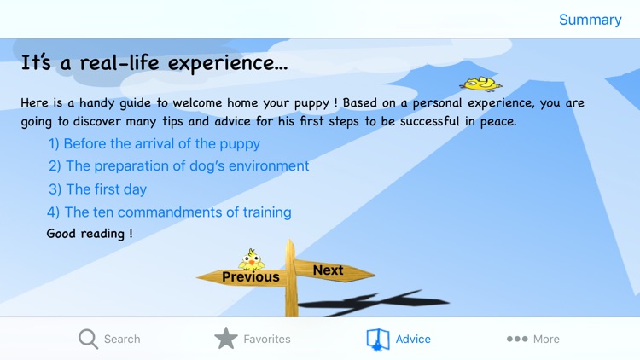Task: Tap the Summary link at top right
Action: [590, 20]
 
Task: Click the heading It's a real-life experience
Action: [154, 63]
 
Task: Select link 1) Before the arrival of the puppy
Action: [154, 143]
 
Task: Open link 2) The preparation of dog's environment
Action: [178, 165]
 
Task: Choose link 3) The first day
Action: [97, 189]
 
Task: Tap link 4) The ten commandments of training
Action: [169, 212]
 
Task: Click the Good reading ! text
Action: [90, 233]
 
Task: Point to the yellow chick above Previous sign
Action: [251, 258]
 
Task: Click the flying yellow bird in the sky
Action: [480, 84]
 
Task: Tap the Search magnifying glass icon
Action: [88, 339]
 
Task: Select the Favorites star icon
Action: [226, 339]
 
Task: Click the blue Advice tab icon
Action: [377, 339]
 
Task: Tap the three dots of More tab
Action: [517, 339]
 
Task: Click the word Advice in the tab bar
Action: [413, 339]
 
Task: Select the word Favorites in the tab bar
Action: [267, 339]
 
